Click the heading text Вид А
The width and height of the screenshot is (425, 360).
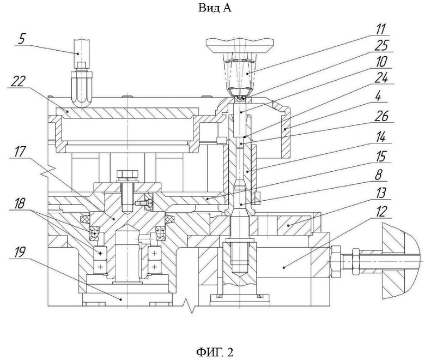pos(215,8)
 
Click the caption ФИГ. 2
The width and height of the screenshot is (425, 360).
pos(214,352)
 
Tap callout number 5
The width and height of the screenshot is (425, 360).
pos(21,39)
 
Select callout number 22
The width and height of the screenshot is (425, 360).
pos(17,82)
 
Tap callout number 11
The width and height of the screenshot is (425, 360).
pos(380,29)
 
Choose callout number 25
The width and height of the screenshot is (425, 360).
pos(382,45)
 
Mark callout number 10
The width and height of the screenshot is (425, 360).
pos(381,62)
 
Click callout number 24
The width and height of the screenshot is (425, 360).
pos(381,79)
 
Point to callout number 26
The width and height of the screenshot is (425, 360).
pos(381,116)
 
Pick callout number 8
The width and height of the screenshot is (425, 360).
pos(378,175)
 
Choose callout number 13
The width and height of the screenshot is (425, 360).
pos(381,194)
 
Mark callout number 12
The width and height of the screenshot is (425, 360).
pos(380,212)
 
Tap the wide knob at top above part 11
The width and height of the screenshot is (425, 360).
pos(240,45)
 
